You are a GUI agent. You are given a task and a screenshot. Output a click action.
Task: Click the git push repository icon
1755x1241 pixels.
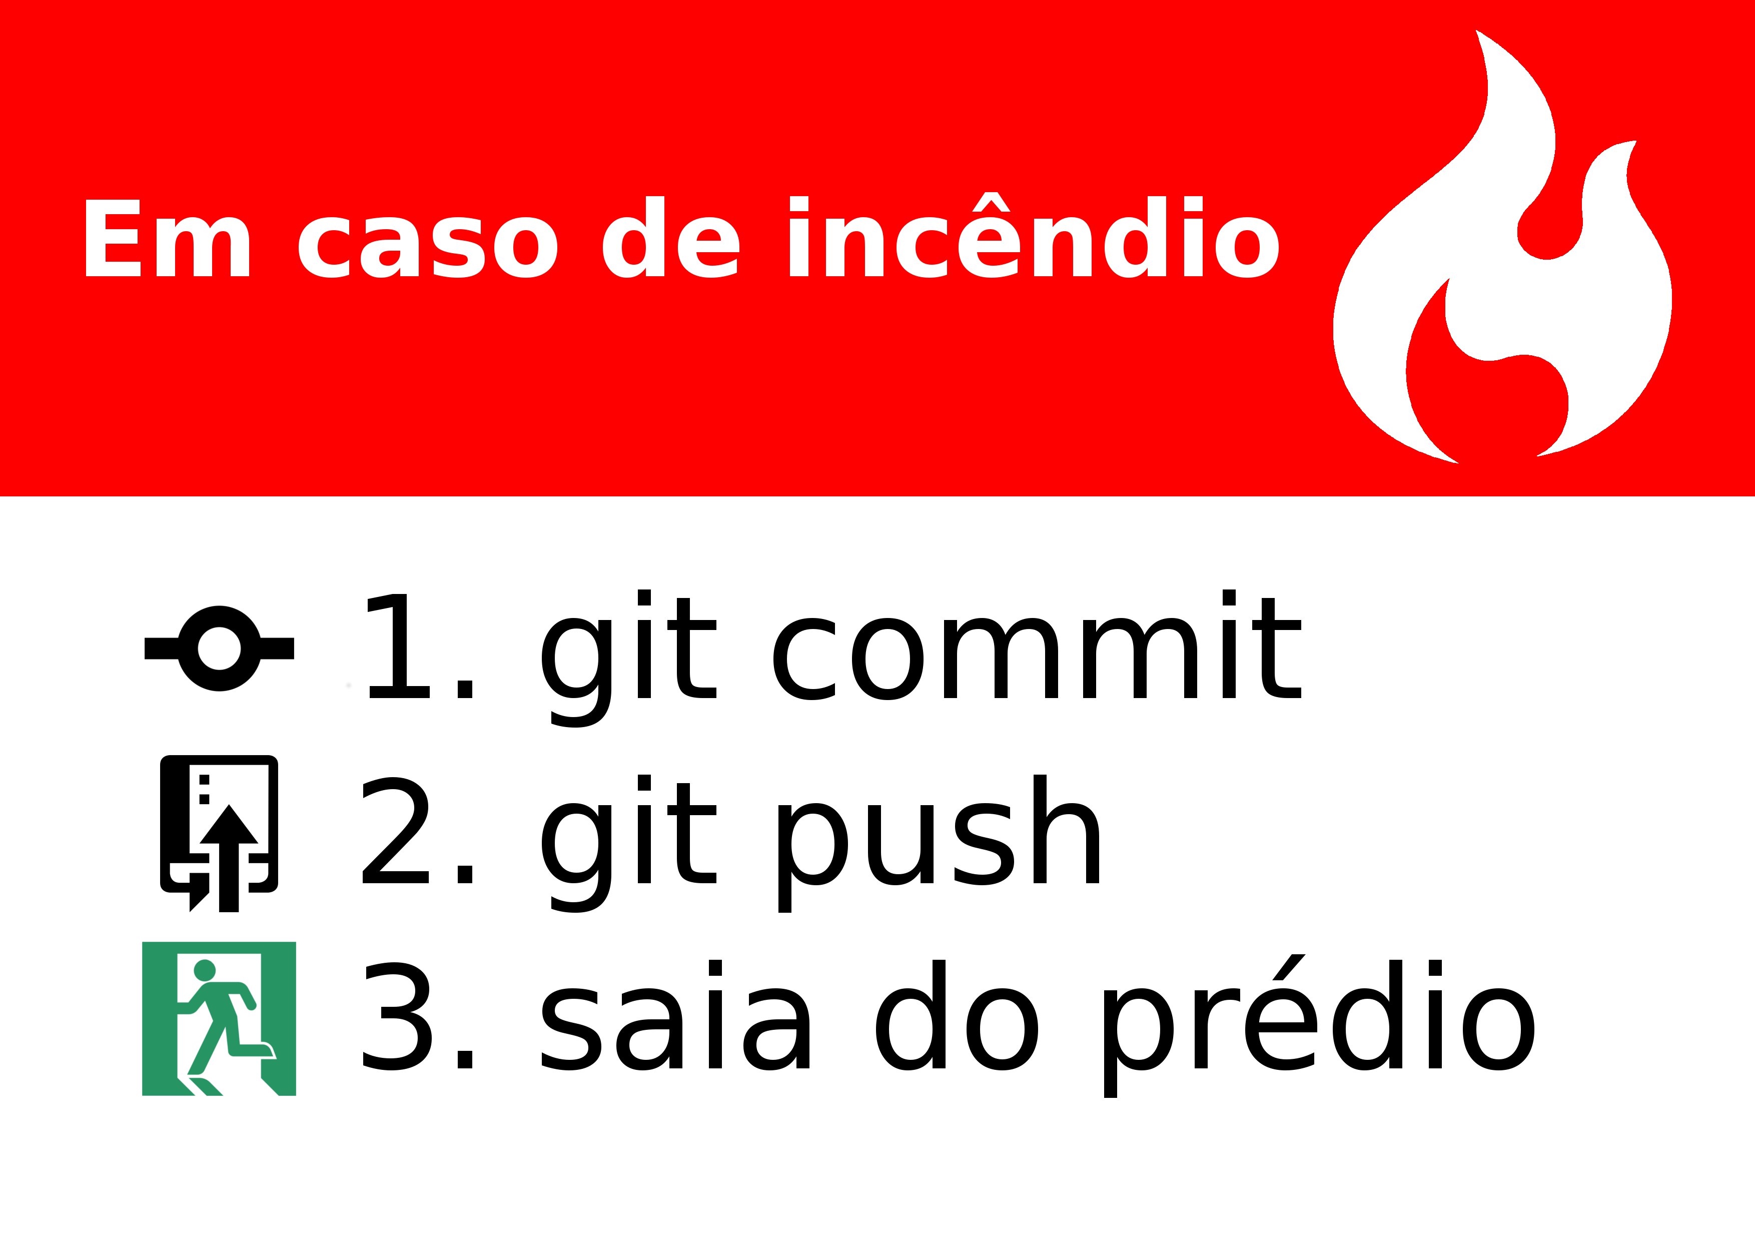pos(219,834)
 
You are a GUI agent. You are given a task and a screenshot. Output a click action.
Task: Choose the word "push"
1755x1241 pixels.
pos(937,844)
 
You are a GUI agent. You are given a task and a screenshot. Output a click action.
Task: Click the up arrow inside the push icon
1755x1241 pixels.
pos(229,858)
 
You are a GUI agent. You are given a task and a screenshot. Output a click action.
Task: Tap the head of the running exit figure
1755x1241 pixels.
pos(205,970)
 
